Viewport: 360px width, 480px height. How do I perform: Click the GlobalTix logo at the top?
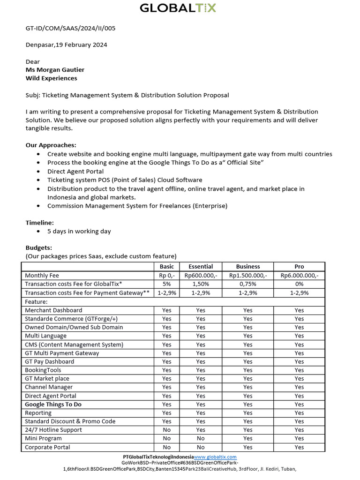coord(178,8)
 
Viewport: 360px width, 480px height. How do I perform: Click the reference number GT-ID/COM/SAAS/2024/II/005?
coord(70,28)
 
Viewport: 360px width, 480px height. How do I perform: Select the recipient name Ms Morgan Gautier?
coord(55,70)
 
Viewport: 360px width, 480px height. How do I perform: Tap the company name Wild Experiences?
coord(51,78)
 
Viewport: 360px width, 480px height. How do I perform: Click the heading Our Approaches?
coord(51,145)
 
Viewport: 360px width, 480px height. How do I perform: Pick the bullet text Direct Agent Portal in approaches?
coord(75,172)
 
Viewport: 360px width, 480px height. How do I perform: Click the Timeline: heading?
coord(39,223)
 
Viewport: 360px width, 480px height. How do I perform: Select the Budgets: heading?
coord(38,247)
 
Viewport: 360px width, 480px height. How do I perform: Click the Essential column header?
coord(201,267)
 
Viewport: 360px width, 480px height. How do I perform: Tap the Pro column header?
coord(299,267)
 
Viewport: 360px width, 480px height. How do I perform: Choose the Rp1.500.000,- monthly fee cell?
coord(248,276)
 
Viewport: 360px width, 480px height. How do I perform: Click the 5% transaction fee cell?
coord(166,284)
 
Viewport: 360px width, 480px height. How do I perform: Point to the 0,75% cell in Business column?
coord(248,284)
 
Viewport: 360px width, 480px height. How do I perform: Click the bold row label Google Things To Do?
coord(53,404)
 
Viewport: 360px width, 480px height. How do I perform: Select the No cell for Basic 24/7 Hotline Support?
coord(166,430)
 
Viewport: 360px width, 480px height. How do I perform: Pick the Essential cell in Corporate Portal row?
coord(201,447)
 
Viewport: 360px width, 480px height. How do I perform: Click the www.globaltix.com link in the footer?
coord(215,457)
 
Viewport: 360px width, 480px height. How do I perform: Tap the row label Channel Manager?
coord(49,387)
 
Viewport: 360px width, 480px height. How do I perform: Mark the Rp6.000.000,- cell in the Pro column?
coord(299,276)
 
